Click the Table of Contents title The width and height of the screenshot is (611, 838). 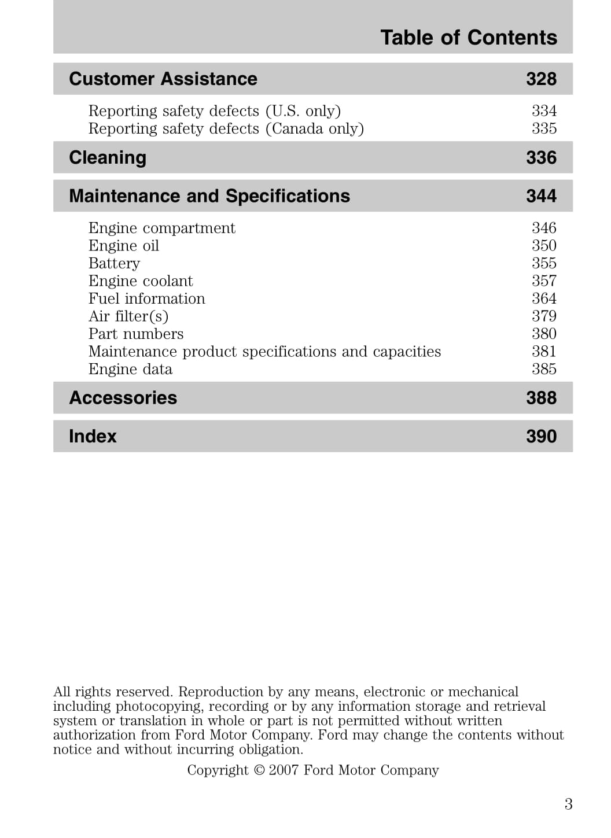pyautogui.click(x=469, y=38)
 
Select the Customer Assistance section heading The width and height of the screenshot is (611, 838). pyautogui.click(x=163, y=79)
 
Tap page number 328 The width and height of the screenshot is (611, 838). pyautogui.click(x=541, y=79)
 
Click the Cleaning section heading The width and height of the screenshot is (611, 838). pyautogui.click(x=108, y=157)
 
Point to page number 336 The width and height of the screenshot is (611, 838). pyautogui.click(x=541, y=157)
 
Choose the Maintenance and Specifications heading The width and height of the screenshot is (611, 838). pyautogui.click(x=209, y=196)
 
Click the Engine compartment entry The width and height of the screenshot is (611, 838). pyautogui.click(x=162, y=228)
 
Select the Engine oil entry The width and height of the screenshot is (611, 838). pyautogui.click(x=124, y=246)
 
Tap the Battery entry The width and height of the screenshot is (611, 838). pyautogui.click(x=114, y=264)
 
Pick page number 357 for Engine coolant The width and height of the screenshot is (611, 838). pyautogui.click(x=544, y=281)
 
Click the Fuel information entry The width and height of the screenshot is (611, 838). pyautogui.click(x=147, y=299)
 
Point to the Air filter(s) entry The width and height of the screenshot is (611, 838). pyautogui.click(x=128, y=316)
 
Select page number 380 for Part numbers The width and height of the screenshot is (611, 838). pyautogui.click(x=544, y=334)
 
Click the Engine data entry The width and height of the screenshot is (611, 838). pyautogui.click(x=130, y=370)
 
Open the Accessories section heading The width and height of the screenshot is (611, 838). pyautogui.click(x=123, y=398)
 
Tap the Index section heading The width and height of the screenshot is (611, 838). pyautogui.click(x=93, y=436)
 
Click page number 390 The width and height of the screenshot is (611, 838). pyautogui.click(x=541, y=436)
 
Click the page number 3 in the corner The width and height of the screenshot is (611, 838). pyautogui.click(x=568, y=804)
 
